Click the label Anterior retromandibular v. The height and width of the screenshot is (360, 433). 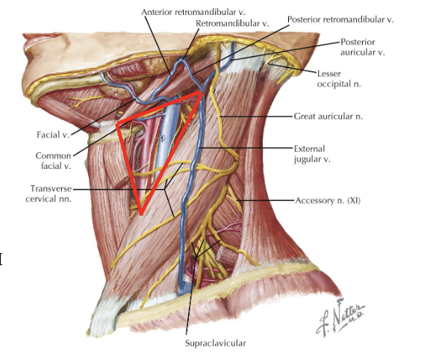193,12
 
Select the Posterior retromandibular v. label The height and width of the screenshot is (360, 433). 340,19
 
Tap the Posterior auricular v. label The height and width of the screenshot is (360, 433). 362,47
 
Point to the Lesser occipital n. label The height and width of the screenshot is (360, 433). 339,78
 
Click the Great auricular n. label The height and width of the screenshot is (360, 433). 328,117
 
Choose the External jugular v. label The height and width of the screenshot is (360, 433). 312,154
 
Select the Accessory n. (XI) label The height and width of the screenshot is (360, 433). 328,200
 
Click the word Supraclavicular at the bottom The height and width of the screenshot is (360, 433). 216,343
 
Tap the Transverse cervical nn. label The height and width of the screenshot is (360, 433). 49,193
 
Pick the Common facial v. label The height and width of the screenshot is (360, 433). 53,161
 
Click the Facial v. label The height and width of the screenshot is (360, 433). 53,135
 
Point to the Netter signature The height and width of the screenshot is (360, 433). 340,317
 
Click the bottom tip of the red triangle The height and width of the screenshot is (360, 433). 141,214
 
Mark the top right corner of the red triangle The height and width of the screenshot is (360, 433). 202,93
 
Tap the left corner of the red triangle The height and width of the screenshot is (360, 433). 117,125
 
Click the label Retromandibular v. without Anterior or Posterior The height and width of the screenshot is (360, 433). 232,23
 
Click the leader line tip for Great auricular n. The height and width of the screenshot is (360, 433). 220,117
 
